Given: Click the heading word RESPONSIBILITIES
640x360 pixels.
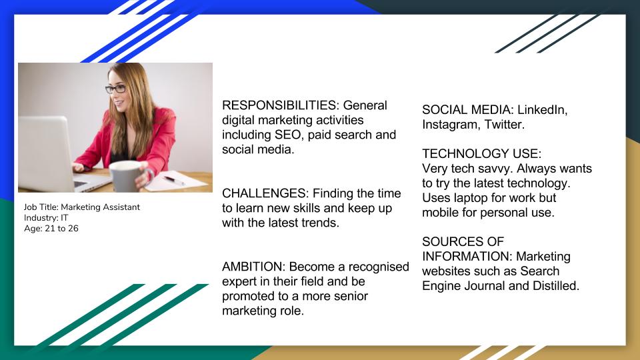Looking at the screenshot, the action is pyautogui.click(x=281, y=105).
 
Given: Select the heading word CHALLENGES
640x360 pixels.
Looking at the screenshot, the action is pyautogui.click(x=265, y=193).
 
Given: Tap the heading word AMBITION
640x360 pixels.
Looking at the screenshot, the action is pyautogui.click(x=253, y=267).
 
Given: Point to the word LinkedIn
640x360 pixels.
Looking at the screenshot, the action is pyautogui.click(x=543, y=110).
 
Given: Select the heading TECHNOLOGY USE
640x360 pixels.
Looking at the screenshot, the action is pyautogui.click(x=481, y=153).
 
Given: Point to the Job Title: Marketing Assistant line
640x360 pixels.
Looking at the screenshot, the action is pyautogui.click(x=81, y=207).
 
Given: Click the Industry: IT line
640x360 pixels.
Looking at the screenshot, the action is pyautogui.click(x=46, y=217).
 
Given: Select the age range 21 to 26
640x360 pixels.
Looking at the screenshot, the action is pyautogui.click(x=61, y=229).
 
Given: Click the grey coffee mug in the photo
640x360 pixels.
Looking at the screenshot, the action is pyautogui.click(x=125, y=176).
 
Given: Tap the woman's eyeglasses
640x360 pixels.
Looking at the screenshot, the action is pyautogui.click(x=115, y=89).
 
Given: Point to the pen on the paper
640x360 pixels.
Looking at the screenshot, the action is pyautogui.click(x=174, y=181).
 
